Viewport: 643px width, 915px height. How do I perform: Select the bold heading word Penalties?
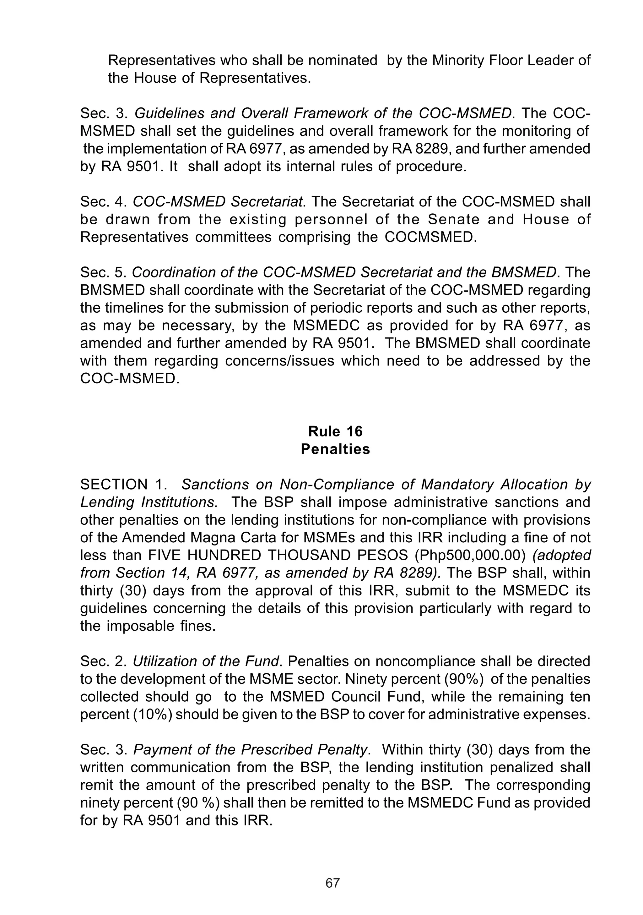[x=335, y=449]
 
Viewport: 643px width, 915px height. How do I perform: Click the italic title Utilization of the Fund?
[x=205, y=661]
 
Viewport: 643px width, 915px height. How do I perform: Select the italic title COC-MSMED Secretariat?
[x=217, y=202]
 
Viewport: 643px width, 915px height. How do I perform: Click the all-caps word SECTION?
[x=114, y=485]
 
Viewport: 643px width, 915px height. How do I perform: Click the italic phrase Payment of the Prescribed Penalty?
[x=250, y=750]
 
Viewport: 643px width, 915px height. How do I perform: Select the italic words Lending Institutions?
[x=149, y=502]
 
